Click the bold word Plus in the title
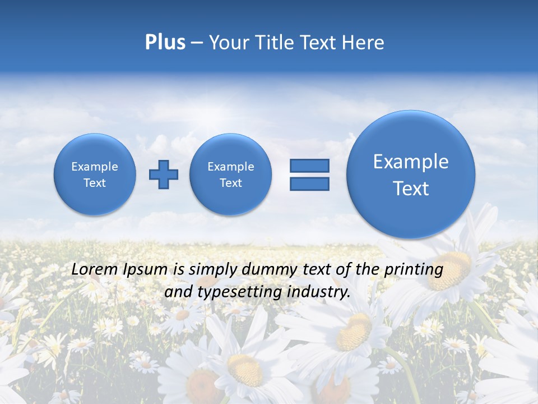point(165,43)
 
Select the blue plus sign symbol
point(164,175)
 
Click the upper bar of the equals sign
point(309,166)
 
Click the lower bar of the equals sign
point(309,183)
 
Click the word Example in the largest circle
point(411,162)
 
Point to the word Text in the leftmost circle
point(95,183)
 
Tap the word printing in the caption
point(415,270)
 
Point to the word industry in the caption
point(322,292)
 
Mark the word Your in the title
point(228,43)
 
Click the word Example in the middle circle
point(231,167)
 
